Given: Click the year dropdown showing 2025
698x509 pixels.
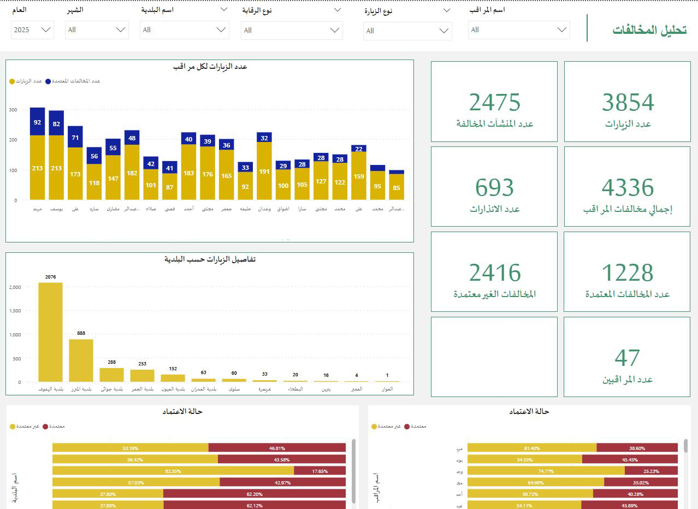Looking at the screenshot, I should pos(32,30).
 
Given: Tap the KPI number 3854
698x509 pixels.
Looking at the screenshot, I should pos(628,103).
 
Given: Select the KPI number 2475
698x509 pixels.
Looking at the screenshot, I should pos(494,103).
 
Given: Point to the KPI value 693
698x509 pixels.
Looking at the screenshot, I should pos(494,188).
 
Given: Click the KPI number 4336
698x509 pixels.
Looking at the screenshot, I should pos(628,188).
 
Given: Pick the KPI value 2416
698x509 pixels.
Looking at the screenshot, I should pos(494,273).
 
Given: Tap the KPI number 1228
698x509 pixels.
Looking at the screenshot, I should pos(628,273).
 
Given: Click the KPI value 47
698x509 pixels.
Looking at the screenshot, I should pos(627,358).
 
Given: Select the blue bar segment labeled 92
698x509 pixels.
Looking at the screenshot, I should pos(37,122).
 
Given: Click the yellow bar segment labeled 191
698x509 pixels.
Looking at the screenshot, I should pos(264,171).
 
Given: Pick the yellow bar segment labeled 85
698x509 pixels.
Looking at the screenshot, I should pos(397,187).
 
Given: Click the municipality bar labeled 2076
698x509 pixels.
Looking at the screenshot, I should pos(50,332).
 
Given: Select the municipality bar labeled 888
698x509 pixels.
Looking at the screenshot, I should pos(81,360).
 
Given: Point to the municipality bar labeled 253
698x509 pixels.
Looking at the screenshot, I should pos(142,376).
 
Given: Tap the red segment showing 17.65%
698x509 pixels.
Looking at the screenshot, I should pos(320,470).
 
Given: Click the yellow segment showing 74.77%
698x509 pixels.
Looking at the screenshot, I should pos(546,470).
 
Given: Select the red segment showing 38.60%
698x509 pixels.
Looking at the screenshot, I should pos(637,448).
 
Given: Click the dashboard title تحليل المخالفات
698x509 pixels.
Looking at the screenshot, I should pos(649,30).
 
